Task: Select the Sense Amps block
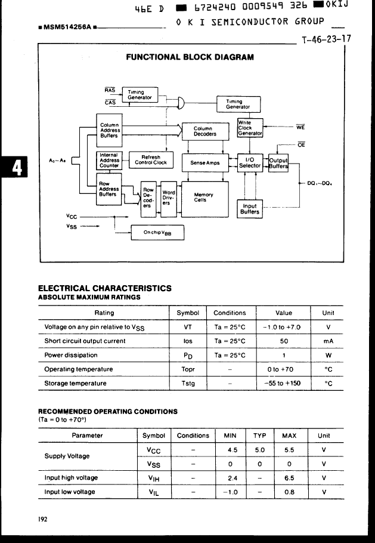coord(205,162)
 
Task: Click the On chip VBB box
coord(157,233)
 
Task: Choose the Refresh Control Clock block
coord(151,160)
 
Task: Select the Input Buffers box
coord(250,209)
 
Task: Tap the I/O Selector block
coord(250,162)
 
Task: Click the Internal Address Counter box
coord(110,160)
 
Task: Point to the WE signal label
coord(300,127)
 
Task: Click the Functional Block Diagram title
coord(190,57)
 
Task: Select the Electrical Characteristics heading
coord(105,288)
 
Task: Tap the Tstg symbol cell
coord(188,383)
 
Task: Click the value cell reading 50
coord(284,341)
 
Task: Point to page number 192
coord(43,519)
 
